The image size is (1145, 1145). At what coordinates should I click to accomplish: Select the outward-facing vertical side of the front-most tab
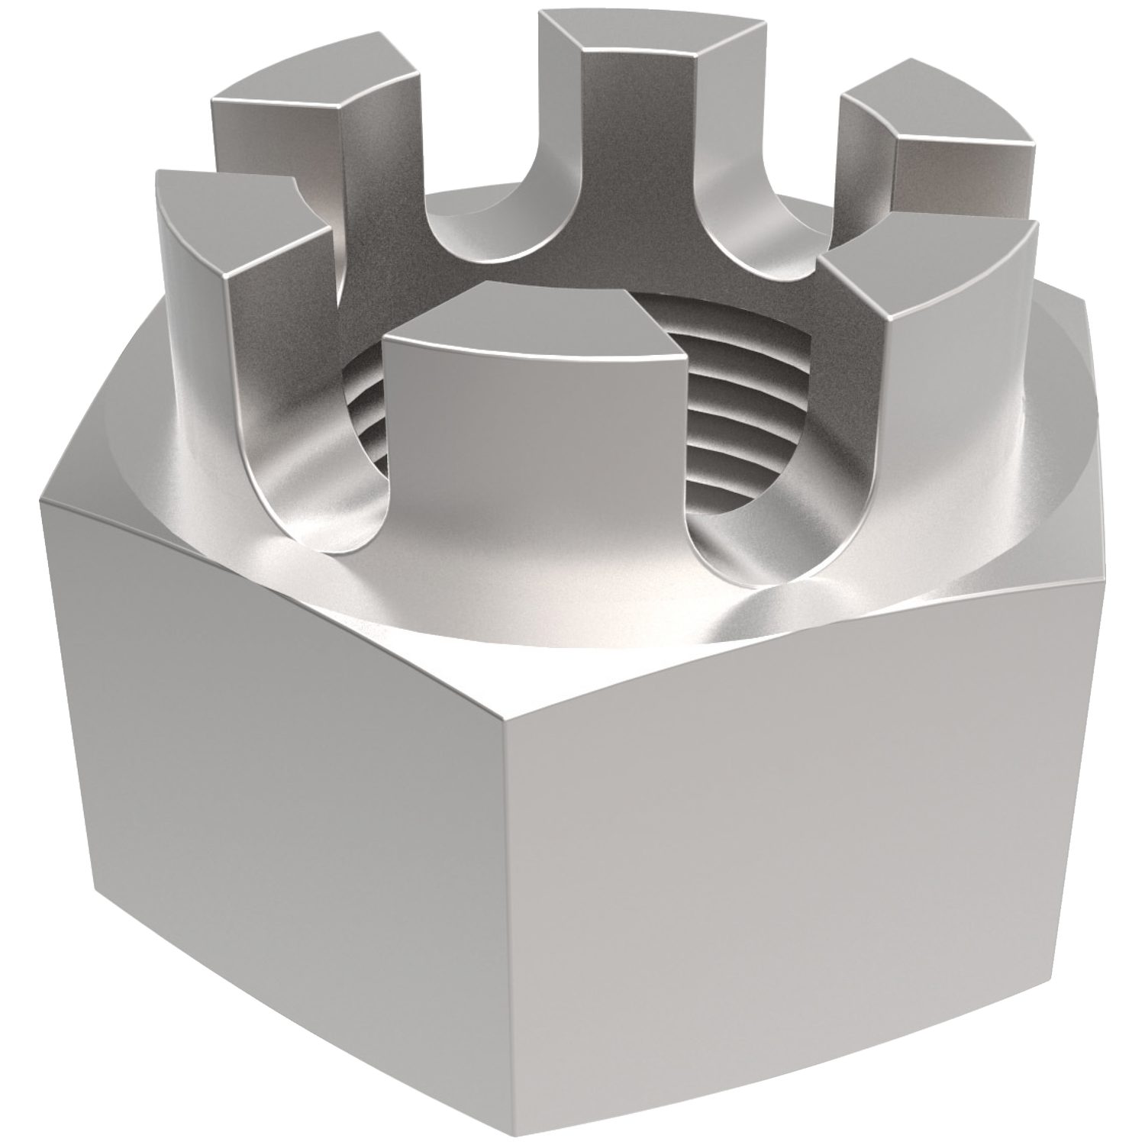point(534,473)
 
